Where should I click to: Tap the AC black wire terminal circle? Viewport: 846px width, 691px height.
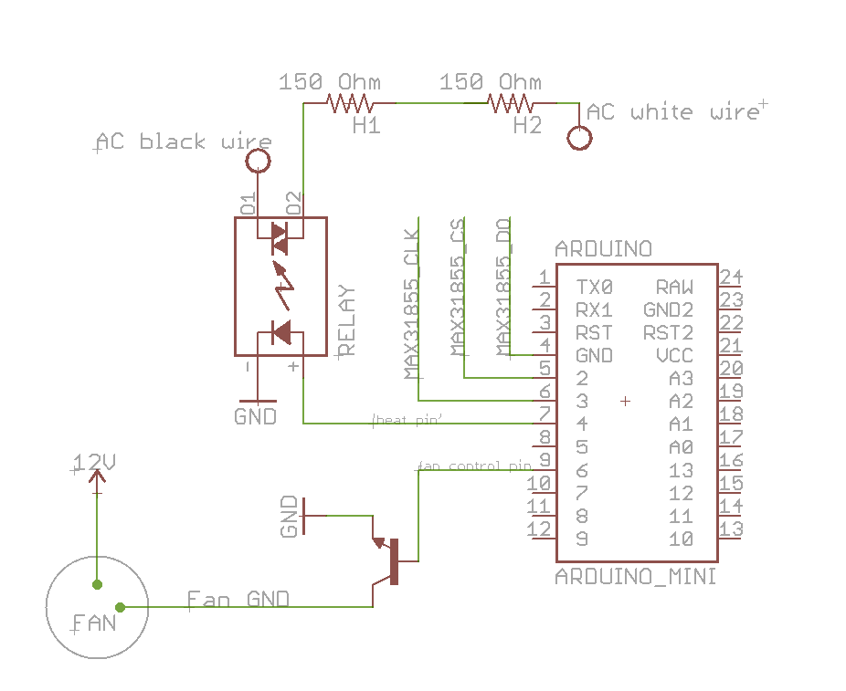(x=258, y=162)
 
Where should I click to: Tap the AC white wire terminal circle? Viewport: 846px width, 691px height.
(x=578, y=139)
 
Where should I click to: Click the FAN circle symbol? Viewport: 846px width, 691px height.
(x=97, y=607)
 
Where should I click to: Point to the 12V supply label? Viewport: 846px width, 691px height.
(x=94, y=463)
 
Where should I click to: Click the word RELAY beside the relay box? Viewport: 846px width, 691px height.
(x=346, y=320)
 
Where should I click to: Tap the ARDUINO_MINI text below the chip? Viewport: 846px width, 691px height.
(x=636, y=578)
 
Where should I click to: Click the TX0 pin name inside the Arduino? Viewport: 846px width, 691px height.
(x=595, y=287)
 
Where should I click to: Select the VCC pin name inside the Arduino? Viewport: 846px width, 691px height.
(x=674, y=355)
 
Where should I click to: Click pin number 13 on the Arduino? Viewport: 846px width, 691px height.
(x=730, y=529)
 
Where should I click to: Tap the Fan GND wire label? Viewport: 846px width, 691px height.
(x=238, y=599)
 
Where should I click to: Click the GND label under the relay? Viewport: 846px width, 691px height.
(x=256, y=416)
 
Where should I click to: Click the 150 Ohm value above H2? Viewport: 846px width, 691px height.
(x=490, y=82)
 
